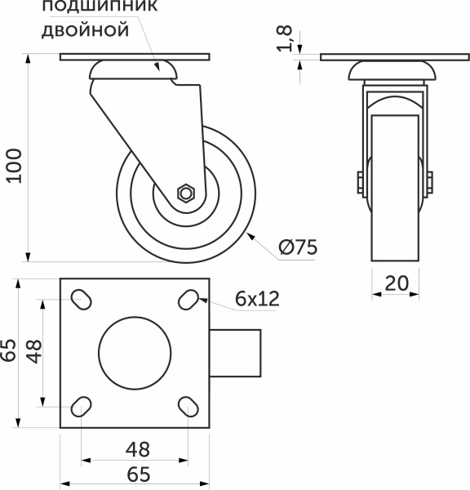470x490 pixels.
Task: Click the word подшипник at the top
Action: point(85,7)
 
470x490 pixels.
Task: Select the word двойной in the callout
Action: point(85,32)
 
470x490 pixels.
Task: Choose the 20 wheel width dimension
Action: point(396,283)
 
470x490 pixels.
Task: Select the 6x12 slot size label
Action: point(257,299)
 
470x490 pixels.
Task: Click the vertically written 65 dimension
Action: point(9,350)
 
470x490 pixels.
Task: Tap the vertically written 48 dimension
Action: point(33,351)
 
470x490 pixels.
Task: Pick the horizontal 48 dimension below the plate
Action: point(135,449)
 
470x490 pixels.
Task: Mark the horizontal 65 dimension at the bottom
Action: point(135,473)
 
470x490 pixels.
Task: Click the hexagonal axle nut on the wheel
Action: point(185,194)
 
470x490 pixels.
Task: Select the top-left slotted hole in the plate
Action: point(82,300)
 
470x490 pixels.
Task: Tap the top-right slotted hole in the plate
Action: point(188,300)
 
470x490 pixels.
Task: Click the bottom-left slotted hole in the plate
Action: point(82,406)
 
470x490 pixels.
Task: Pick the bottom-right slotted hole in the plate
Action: point(188,406)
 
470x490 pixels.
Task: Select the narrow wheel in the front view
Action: point(396,188)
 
